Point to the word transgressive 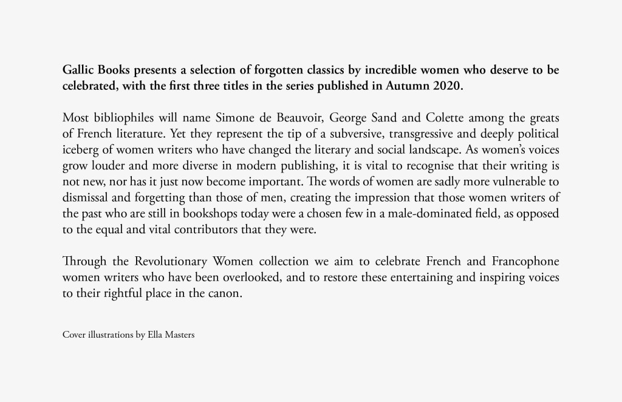click(378, 133)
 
